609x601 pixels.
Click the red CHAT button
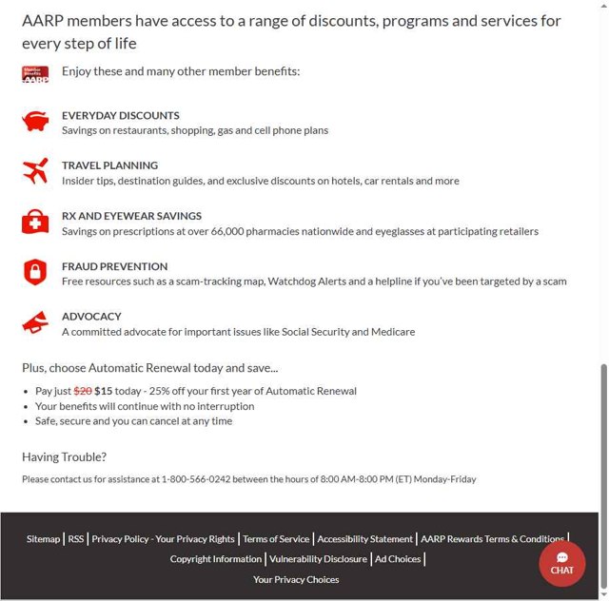coord(561,563)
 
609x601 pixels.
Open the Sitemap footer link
coord(43,539)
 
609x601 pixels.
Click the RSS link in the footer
coord(76,539)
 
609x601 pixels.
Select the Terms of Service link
coord(276,539)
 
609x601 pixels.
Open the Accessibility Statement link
coord(365,539)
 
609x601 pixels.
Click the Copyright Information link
coord(215,559)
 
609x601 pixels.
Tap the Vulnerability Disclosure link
coord(318,559)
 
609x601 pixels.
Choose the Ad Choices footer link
coord(398,559)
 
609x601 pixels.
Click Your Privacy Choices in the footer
coord(296,579)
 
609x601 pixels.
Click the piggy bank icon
coord(35,122)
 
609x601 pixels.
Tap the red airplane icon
coord(35,172)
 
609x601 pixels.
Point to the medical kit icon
coord(35,223)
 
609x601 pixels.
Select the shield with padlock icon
coord(35,273)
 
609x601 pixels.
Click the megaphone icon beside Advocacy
coord(35,323)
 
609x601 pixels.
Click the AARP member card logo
coord(35,74)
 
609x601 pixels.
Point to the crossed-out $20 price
coord(83,391)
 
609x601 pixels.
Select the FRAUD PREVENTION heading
coord(114,266)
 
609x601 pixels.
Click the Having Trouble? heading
coord(64,456)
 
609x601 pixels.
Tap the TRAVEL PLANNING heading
coord(109,165)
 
